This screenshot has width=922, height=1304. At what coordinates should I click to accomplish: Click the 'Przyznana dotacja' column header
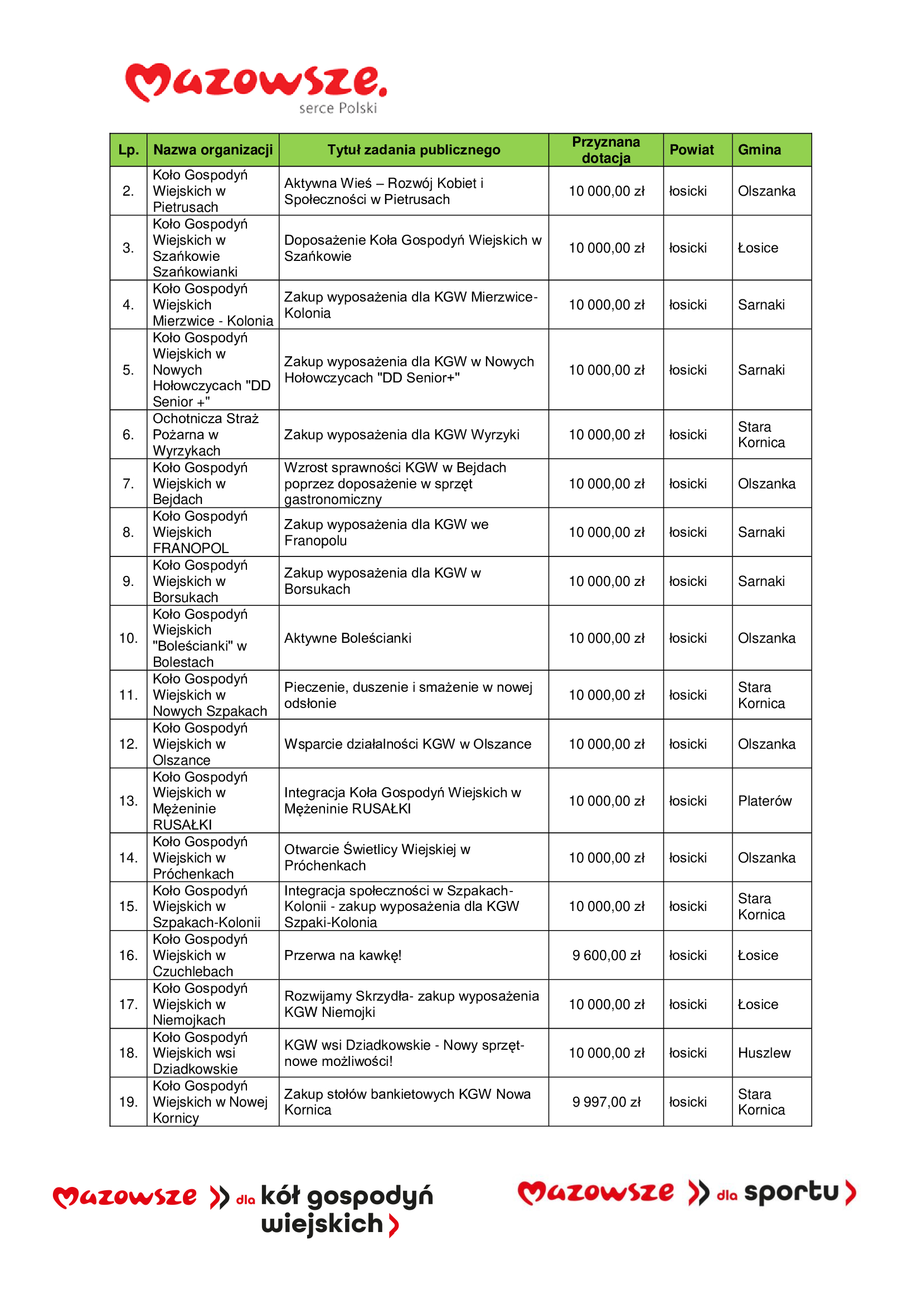[x=605, y=150]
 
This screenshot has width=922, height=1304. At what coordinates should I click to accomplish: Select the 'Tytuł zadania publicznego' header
[x=413, y=150]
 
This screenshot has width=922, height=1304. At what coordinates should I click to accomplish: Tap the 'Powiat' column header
[x=691, y=150]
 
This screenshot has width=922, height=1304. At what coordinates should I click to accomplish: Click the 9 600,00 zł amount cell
[x=606, y=956]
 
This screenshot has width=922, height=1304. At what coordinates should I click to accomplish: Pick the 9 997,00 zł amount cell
[x=606, y=1102]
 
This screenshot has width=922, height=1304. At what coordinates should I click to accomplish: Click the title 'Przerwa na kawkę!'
[x=343, y=956]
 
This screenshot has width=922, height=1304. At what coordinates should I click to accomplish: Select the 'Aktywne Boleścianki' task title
[x=347, y=638]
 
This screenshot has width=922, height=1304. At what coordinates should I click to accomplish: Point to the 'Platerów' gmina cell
[x=764, y=801]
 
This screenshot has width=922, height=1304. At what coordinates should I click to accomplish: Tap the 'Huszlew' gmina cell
[x=764, y=1053]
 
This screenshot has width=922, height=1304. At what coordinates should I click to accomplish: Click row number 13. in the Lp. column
[x=128, y=801]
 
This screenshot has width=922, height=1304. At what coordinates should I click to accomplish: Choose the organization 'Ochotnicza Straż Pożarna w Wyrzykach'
[x=206, y=434]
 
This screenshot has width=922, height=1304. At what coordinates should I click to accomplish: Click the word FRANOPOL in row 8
[x=191, y=548]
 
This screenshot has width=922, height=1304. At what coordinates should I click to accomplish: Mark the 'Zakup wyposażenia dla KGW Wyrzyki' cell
[x=401, y=434]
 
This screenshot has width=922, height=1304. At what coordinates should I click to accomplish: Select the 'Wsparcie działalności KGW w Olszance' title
[x=407, y=744]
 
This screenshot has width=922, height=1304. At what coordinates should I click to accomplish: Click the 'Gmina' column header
[x=759, y=150]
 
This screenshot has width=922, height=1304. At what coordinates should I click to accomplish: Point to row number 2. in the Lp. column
[x=128, y=191]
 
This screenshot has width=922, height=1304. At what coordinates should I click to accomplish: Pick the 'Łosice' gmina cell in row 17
[x=758, y=1004]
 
